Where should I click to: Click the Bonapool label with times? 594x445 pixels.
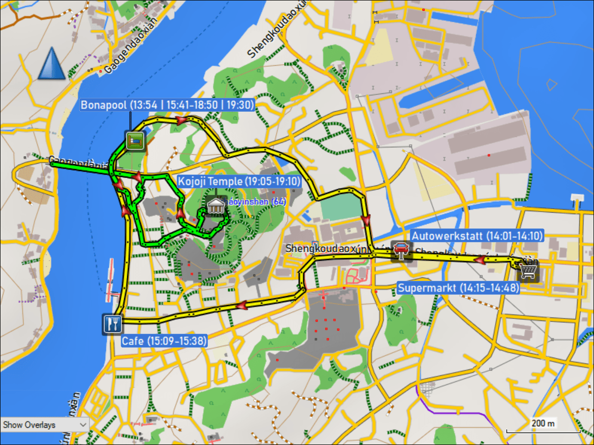coord(167,105)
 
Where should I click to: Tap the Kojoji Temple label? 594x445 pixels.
coord(239,181)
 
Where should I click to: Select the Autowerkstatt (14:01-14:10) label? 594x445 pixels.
coord(477,235)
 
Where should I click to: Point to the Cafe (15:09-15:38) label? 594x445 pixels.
coord(164,341)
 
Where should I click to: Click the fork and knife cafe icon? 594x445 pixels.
coord(112,324)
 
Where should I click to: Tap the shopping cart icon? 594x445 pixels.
coord(528,270)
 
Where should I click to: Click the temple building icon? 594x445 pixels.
coord(216,206)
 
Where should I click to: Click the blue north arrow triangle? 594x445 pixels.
coord(51,64)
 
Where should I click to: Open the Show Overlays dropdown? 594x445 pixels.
coord(45,425)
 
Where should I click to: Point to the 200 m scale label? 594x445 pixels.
coord(543,423)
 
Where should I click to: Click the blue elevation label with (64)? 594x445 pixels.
coord(256,201)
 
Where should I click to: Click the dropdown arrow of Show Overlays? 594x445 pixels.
coord(83,425)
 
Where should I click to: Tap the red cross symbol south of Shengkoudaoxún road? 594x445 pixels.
coord(323,296)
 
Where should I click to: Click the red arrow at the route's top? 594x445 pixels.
coord(182,121)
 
